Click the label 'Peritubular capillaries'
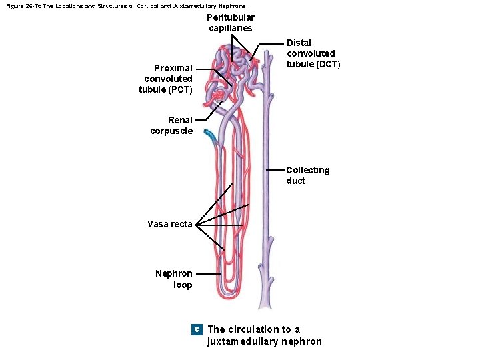coord(230,23)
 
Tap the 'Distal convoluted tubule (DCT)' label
coord(313,53)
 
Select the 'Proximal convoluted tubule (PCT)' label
coord(166,79)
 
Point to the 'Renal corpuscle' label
coord(171,125)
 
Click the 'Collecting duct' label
coord(307,175)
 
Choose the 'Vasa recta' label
coord(170,224)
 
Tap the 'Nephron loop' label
coord(174,279)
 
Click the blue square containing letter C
coord(196,329)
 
